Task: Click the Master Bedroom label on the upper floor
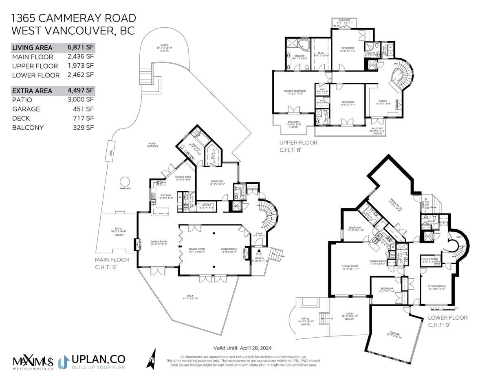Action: point(295,91)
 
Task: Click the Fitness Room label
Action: point(436,286)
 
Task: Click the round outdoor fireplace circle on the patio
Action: point(125,181)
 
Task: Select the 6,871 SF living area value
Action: point(81,47)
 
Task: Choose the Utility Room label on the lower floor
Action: point(430,259)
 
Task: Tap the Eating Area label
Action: point(183,177)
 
